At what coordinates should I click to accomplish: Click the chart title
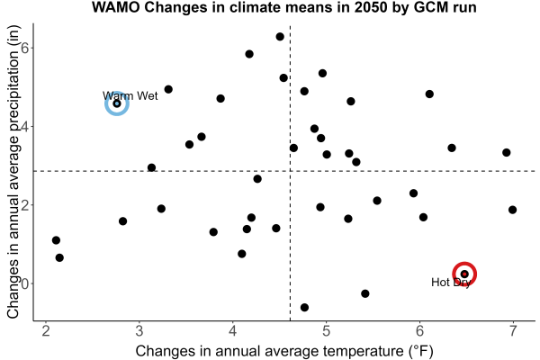pos(284,7)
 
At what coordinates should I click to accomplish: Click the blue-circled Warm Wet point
pos(117,103)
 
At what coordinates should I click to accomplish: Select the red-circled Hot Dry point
pos(464,274)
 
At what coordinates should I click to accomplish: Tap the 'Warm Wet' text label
pos(130,95)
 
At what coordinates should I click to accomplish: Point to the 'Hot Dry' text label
pos(451,283)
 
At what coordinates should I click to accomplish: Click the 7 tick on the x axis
pos(513,331)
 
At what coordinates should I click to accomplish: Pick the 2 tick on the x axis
pos(46,331)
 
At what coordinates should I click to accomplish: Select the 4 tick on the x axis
pos(233,331)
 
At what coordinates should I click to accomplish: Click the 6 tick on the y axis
pos(24,48)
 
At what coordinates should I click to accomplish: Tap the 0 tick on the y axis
pos(24,283)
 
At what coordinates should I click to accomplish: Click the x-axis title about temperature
pos(284,351)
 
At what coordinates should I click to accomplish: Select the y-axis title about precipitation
pos(13,172)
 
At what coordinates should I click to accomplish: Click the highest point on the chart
pos(280,37)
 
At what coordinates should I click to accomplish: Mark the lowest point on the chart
pos(304,307)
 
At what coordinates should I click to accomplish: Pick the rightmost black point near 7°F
pos(512,210)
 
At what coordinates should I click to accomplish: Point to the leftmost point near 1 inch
pos(56,240)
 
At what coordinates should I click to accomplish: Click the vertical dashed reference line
pos(291,173)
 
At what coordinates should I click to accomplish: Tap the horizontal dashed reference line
pos(284,171)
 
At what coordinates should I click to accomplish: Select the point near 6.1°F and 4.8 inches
pos(429,94)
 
